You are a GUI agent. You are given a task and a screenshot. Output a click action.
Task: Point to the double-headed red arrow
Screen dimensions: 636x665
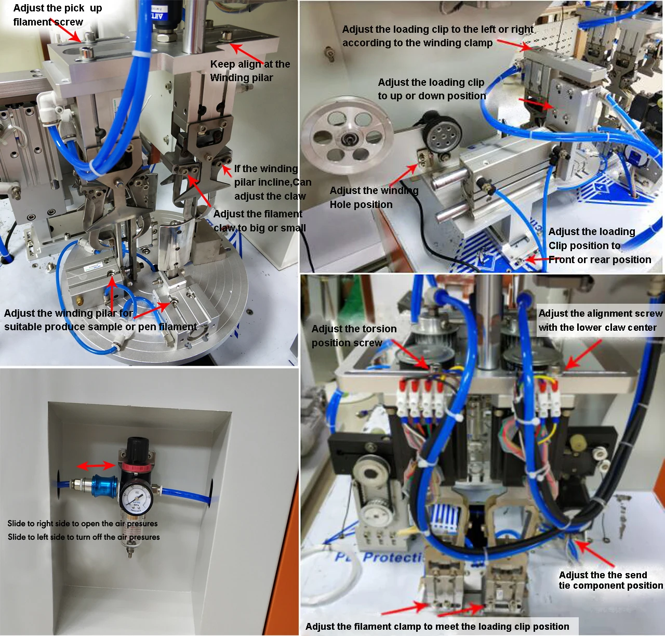(96, 465)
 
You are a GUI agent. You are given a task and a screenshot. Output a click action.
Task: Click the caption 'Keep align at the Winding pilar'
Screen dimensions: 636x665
(250, 71)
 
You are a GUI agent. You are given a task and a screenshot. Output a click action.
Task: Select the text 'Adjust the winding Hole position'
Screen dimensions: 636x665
(374, 198)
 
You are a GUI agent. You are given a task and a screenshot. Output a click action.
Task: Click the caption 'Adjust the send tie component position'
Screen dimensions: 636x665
(610, 580)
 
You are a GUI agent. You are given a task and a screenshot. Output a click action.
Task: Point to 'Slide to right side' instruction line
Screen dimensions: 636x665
(82, 523)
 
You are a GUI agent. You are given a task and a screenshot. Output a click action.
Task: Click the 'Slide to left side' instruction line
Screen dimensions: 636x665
(84, 537)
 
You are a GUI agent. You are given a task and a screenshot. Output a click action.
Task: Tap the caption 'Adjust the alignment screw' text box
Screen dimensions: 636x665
(600, 320)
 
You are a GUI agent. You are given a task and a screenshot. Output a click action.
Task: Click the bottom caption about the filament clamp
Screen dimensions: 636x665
(437, 626)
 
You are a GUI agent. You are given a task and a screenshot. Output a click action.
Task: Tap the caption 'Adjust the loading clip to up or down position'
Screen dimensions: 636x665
(431, 89)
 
